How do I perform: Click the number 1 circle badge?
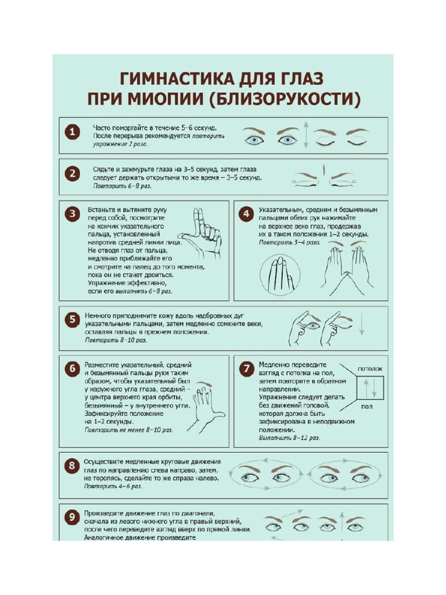click(x=71, y=133)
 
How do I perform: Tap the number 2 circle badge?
click(x=71, y=174)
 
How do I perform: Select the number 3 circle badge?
click(x=71, y=214)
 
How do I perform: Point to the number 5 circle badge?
click(x=71, y=320)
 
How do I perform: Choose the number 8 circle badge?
click(x=71, y=465)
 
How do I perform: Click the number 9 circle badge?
click(x=71, y=516)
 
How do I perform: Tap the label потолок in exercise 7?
click(x=369, y=368)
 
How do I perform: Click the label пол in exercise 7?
click(x=366, y=407)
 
